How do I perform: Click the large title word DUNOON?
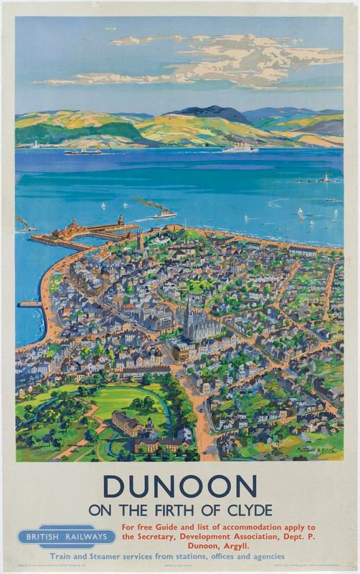180,487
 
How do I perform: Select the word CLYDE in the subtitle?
247,511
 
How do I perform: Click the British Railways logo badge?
67,536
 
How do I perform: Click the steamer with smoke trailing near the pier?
163,214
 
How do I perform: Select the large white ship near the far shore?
240,149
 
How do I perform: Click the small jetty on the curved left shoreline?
29,304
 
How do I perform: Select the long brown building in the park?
128,423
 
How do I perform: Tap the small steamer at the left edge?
26,227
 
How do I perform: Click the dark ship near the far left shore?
83,151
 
